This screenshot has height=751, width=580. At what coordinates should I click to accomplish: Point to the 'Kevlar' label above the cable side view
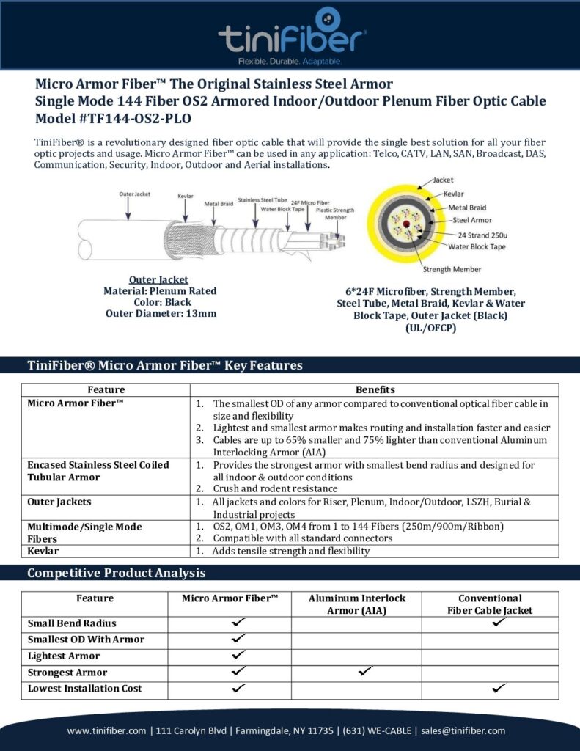(x=186, y=197)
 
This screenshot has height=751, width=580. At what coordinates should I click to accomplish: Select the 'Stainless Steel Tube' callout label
(x=263, y=199)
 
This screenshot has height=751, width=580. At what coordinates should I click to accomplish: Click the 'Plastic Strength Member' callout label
(x=336, y=213)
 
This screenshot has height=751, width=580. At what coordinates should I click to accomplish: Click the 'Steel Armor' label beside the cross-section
(x=472, y=219)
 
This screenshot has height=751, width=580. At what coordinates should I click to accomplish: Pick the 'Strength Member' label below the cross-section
(x=456, y=269)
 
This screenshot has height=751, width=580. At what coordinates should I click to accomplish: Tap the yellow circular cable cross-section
(x=404, y=224)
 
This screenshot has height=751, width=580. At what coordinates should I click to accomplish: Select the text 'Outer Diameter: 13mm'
(x=159, y=314)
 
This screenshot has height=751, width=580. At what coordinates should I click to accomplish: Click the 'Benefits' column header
(x=375, y=389)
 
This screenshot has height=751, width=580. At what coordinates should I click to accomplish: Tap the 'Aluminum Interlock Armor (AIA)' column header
(x=356, y=604)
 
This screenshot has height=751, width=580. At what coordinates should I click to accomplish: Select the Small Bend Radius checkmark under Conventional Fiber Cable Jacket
(x=499, y=622)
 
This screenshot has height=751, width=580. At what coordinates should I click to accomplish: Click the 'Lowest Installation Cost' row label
(x=85, y=689)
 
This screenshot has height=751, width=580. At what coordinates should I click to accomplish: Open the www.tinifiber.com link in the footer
(x=107, y=730)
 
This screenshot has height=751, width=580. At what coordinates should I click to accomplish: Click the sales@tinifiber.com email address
(x=465, y=730)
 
